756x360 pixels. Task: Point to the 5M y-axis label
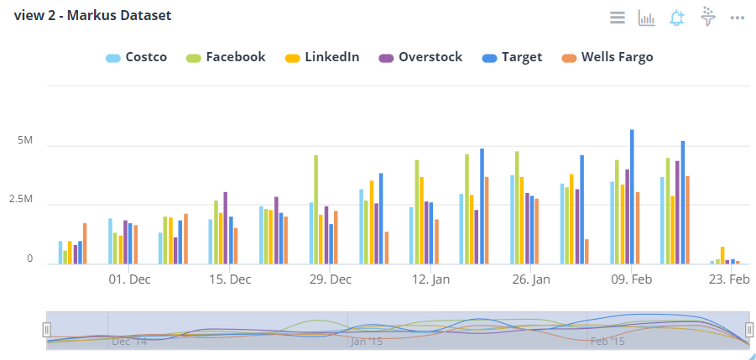[x=24, y=140]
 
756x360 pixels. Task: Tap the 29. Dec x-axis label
[x=331, y=279]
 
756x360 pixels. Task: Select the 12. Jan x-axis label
[x=431, y=279]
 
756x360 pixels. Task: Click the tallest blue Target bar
[x=632, y=197]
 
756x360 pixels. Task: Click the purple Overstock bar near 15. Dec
[x=226, y=227]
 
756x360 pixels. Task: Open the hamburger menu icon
[x=618, y=18]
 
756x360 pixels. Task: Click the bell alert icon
[x=677, y=18]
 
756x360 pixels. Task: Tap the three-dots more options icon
[x=738, y=18]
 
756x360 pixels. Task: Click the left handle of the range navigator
[x=47, y=329]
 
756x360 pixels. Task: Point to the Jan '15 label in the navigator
[x=367, y=342]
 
